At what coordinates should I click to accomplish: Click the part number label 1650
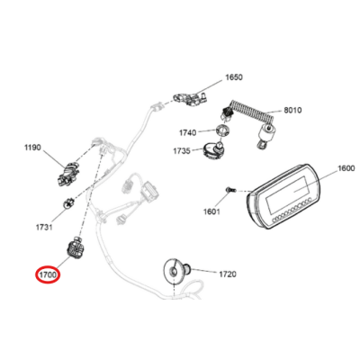(233, 77)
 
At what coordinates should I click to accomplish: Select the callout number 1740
(188, 131)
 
